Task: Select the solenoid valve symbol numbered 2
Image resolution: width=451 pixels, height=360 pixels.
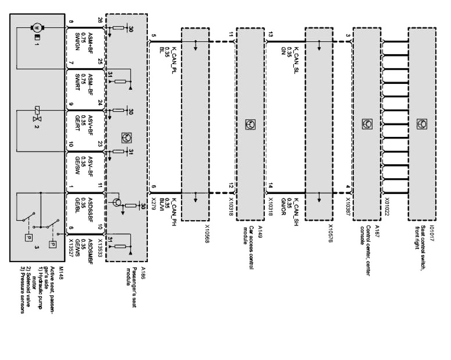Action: [37, 114]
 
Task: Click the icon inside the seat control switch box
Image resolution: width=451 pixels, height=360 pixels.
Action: [421, 124]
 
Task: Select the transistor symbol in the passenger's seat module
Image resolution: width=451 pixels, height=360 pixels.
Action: [116, 202]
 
